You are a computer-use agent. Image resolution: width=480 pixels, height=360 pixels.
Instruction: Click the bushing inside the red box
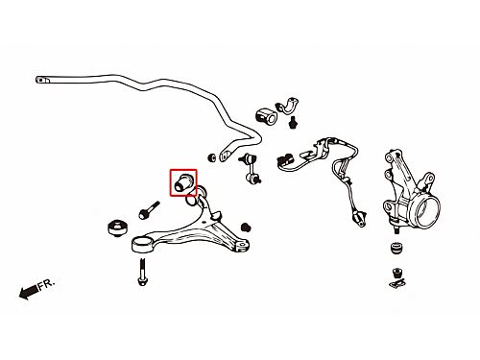tap(183, 182)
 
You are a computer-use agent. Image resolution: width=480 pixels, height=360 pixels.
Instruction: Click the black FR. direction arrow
tap(29, 292)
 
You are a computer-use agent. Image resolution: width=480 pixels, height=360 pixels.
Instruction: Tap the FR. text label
tap(47, 284)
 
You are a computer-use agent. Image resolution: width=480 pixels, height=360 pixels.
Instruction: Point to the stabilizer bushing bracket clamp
tap(287, 105)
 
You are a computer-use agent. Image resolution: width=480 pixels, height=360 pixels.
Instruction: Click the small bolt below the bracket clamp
tap(292, 123)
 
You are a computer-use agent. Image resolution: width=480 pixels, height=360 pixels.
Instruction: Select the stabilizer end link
tap(251, 168)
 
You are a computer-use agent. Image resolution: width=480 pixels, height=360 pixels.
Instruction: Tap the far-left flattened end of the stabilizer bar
tap(42, 80)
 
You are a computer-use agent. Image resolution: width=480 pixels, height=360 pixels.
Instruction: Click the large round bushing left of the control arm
tap(118, 228)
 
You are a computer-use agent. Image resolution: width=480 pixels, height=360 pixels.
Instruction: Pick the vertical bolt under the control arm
tap(142, 272)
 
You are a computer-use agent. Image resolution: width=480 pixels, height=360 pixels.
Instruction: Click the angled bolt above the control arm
tap(149, 210)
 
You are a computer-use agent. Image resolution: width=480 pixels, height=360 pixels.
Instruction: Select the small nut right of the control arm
tap(246, 228)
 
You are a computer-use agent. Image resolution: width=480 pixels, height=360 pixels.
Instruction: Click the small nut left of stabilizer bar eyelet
tap(211, 157)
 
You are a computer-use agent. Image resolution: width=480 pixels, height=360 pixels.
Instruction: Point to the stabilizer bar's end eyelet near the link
tap(227, 155)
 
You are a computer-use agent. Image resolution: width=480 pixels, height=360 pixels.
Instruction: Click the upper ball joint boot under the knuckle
tap(397, 249)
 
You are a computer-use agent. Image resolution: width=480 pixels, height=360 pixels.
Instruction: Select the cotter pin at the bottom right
tap(396, 283)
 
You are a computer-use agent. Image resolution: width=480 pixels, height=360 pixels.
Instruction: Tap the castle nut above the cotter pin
tap(397, 273)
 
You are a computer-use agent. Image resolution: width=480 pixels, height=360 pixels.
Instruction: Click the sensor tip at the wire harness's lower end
tap(359, 218)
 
